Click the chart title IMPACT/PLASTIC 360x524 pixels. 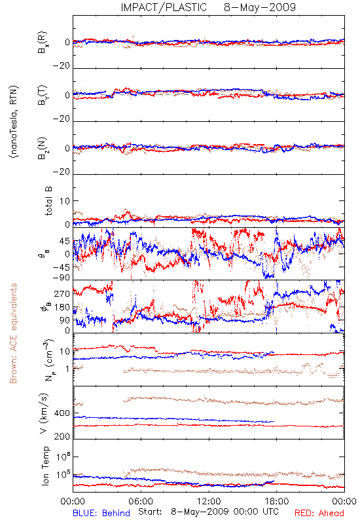164,7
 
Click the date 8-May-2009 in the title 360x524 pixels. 260,7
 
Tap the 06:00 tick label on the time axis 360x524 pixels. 141,501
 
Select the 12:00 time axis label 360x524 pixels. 209,501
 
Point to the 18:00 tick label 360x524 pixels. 277,501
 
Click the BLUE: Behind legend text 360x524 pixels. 101,513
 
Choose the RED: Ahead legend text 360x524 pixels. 319,513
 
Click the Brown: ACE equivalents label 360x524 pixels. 13,333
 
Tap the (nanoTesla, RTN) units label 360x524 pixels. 14,122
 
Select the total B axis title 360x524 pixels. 48,201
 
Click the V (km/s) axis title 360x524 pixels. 44,413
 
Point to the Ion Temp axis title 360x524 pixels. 46,466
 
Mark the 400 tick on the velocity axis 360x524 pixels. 62,413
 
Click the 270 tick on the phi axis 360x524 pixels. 62,293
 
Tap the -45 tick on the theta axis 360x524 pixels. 61,267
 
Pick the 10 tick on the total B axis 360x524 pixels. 65,201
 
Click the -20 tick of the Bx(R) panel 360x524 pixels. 61,66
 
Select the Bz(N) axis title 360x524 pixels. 43,148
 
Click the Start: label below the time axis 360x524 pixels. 150,512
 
